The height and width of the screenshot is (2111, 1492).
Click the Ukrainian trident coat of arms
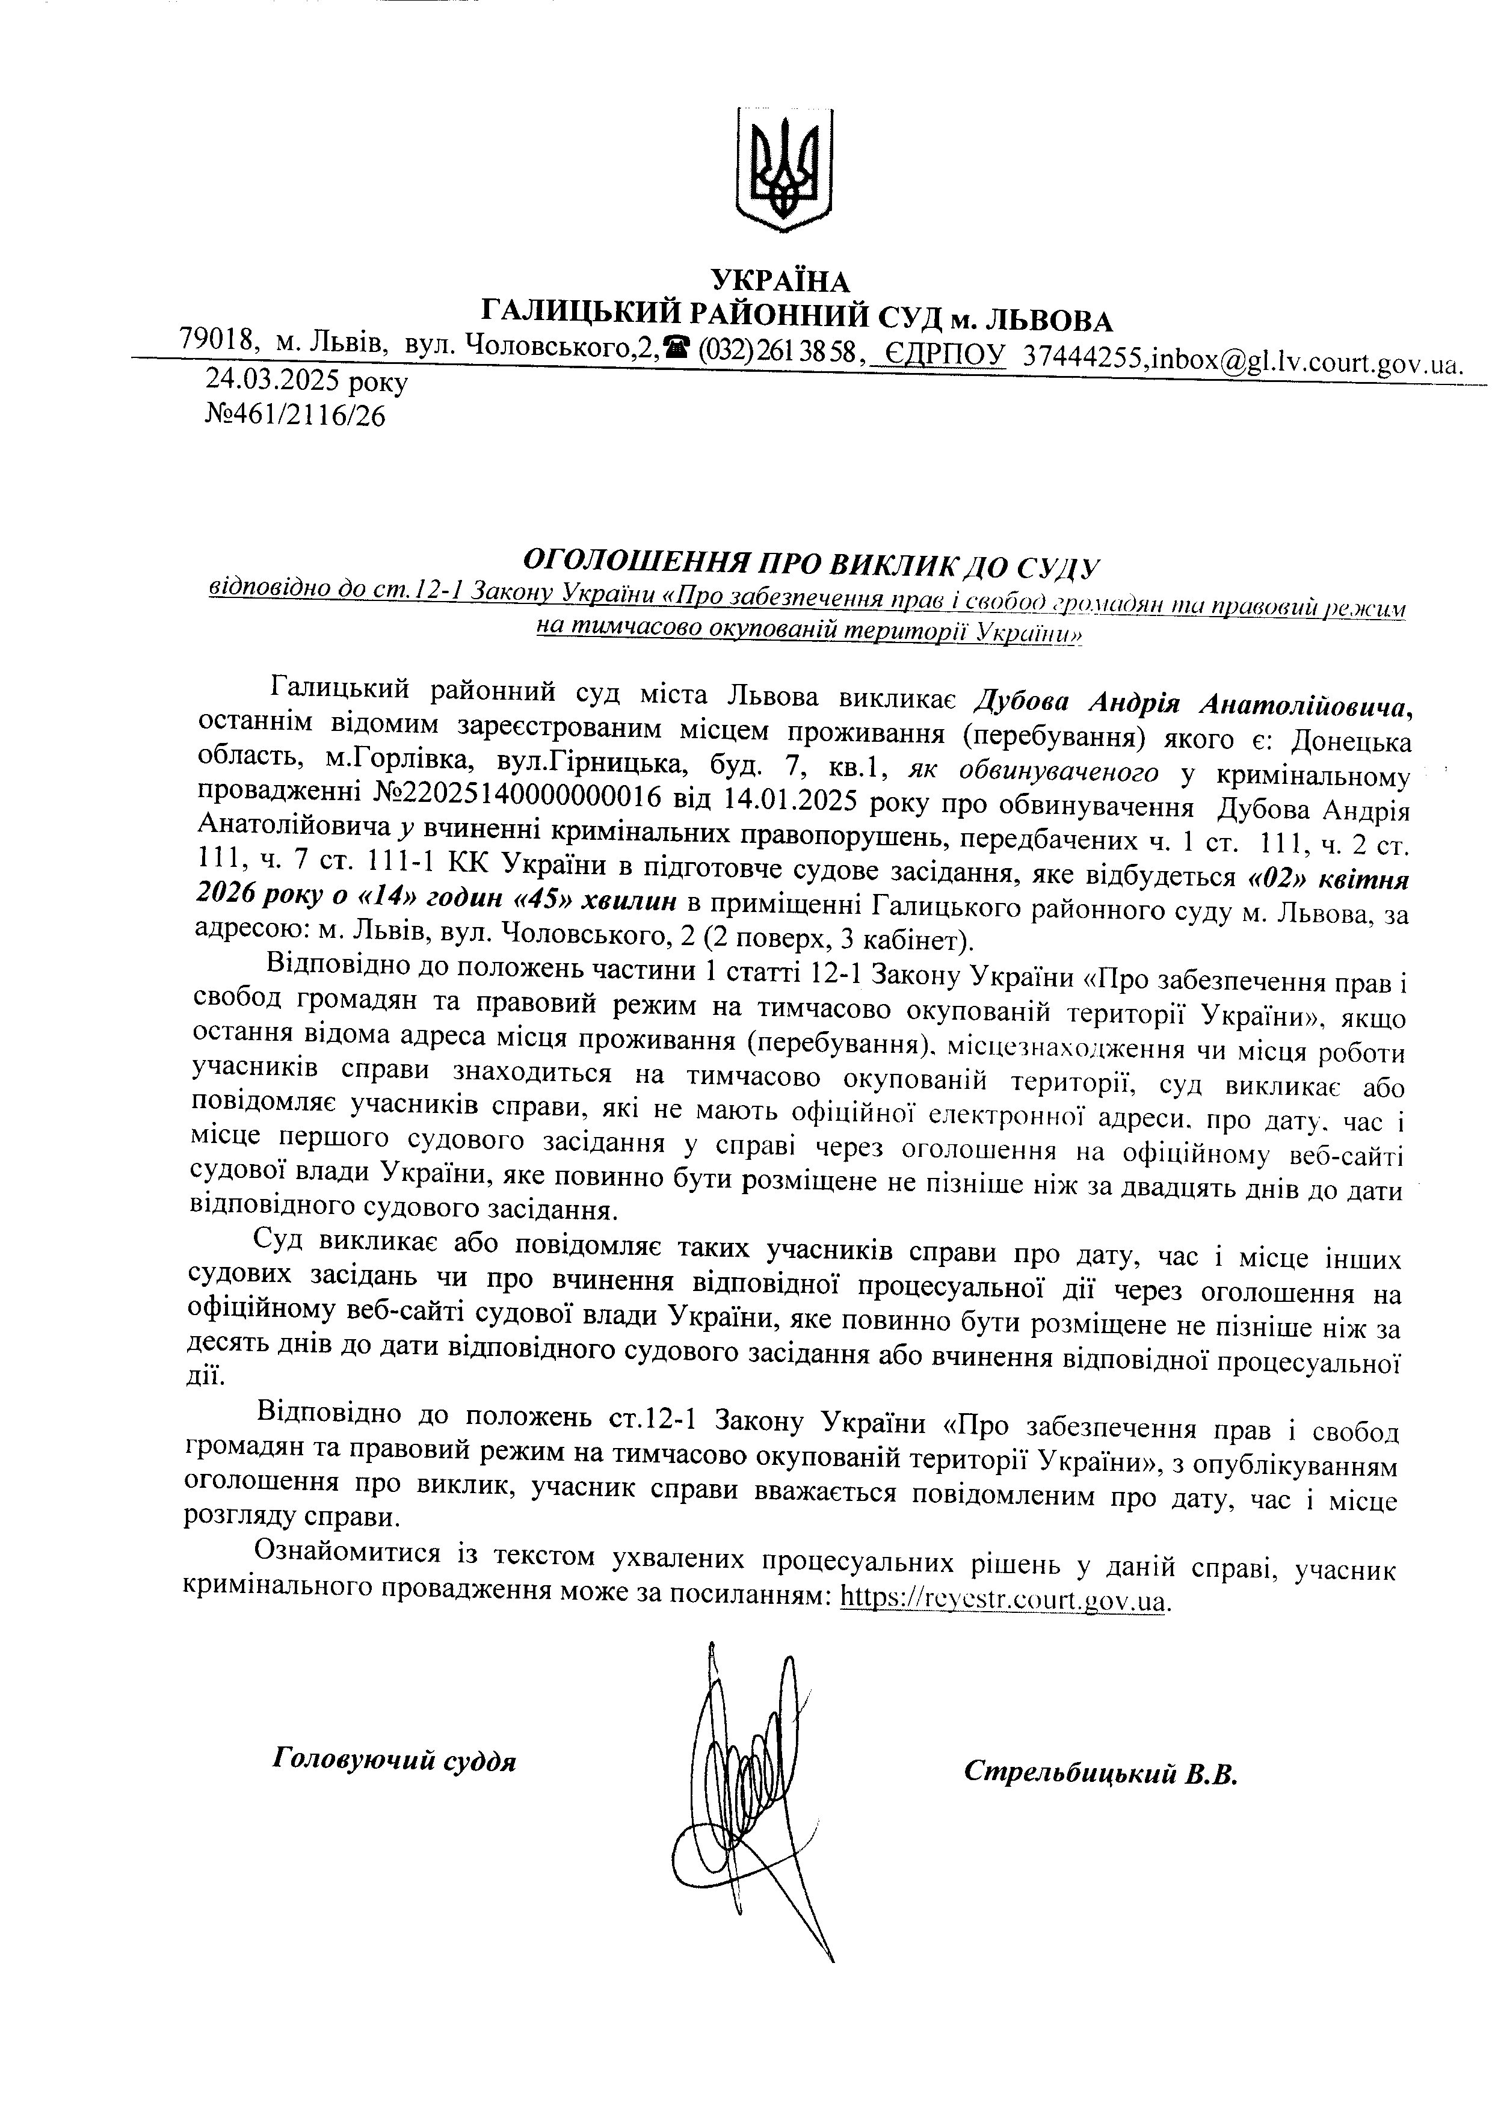click(784, 169)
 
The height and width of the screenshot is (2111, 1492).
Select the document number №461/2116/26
click(294, 416)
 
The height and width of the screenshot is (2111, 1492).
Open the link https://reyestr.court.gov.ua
click(1004, 1600)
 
